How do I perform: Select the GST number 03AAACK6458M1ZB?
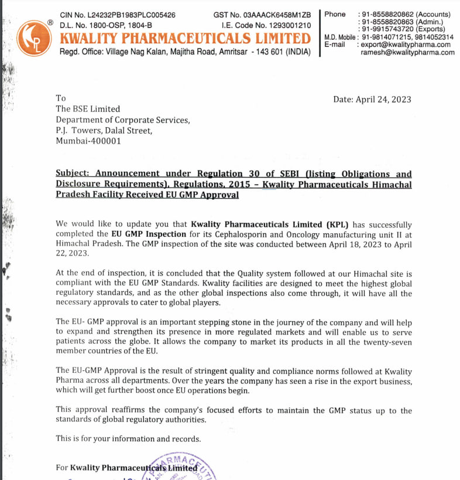pyautogui.click(x=276, y=15)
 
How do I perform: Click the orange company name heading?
pyautogui.click(x=185, y=39)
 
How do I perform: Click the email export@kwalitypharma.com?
pyautogui.click(x=406, y=45)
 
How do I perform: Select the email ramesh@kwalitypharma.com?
pyautogui.click(x=407, y=52)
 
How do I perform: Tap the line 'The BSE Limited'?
pyautogui.click(x=88, y=109)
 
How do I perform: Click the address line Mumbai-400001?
pyautogui.click(x=88, y=141)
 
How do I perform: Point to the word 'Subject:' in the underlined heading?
pyautogui.click(x=73, y=174)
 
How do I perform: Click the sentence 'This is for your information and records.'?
pyautogui.click(x=128, y=438)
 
